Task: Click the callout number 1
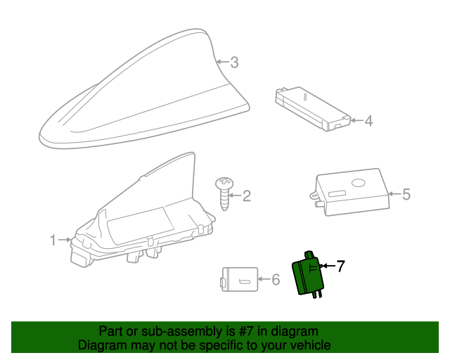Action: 53,241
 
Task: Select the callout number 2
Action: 246,195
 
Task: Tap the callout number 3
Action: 234,63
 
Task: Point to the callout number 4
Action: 368,121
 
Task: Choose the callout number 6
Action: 276,280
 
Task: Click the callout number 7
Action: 340,266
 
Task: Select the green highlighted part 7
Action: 309,276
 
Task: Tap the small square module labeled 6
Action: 238,279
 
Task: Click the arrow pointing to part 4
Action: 356,121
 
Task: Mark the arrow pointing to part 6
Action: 263,280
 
